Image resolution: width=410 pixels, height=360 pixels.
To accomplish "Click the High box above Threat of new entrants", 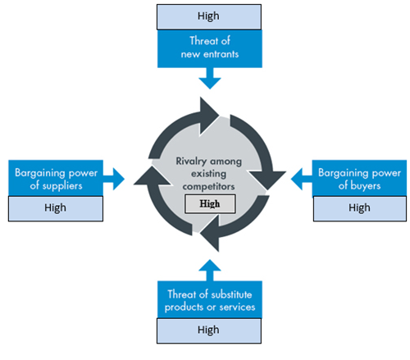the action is click(209, 16).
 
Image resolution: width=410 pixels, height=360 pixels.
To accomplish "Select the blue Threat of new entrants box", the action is click(210, 48).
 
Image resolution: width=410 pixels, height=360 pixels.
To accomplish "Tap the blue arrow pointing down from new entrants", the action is click(210, 79).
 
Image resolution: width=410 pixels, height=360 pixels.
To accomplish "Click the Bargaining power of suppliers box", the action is click(56, 178).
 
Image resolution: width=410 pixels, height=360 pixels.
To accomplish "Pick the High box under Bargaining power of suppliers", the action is click(56, 208).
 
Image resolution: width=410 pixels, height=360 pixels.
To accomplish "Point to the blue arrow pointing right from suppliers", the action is click(114, 179).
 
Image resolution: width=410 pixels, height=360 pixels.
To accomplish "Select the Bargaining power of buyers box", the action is click(359, 178).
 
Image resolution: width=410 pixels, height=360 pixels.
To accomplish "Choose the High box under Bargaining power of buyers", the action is click(360, 208).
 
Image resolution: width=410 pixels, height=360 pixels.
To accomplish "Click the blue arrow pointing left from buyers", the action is click(302, 179).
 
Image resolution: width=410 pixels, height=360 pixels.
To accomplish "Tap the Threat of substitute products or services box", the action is click(210, 299).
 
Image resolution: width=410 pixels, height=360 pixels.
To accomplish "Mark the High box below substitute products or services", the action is click(209, 330).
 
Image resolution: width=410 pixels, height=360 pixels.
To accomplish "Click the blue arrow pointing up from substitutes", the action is click(210, 271).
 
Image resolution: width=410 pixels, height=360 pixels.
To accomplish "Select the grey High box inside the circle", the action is click(210, 203).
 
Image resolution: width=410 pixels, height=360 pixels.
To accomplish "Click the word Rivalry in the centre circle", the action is click(191, 161).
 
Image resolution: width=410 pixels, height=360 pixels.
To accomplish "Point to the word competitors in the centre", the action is click(208, 186).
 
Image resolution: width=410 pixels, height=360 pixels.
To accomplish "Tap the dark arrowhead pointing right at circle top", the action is click(209, 116).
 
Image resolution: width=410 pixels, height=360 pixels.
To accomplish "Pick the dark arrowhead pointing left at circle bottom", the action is click(210, 233).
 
